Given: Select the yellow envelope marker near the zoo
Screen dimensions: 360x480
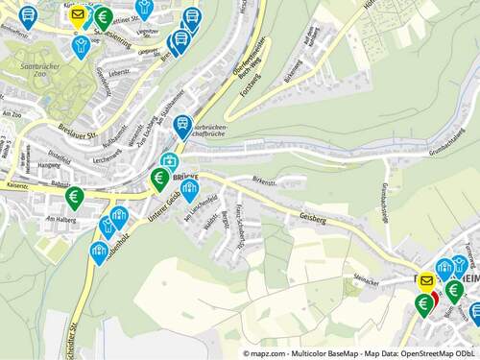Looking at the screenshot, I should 79,14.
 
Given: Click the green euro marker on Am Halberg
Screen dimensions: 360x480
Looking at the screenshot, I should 74,198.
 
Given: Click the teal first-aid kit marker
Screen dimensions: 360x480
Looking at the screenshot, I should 169,161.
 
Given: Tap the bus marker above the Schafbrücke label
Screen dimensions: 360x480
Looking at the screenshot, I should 182,125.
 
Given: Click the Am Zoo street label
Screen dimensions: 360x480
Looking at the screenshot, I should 12,113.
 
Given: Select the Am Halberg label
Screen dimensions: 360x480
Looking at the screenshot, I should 60,219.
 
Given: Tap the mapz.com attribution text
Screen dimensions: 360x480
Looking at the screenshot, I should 265,353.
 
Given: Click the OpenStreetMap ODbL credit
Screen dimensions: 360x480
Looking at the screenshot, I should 437,353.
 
